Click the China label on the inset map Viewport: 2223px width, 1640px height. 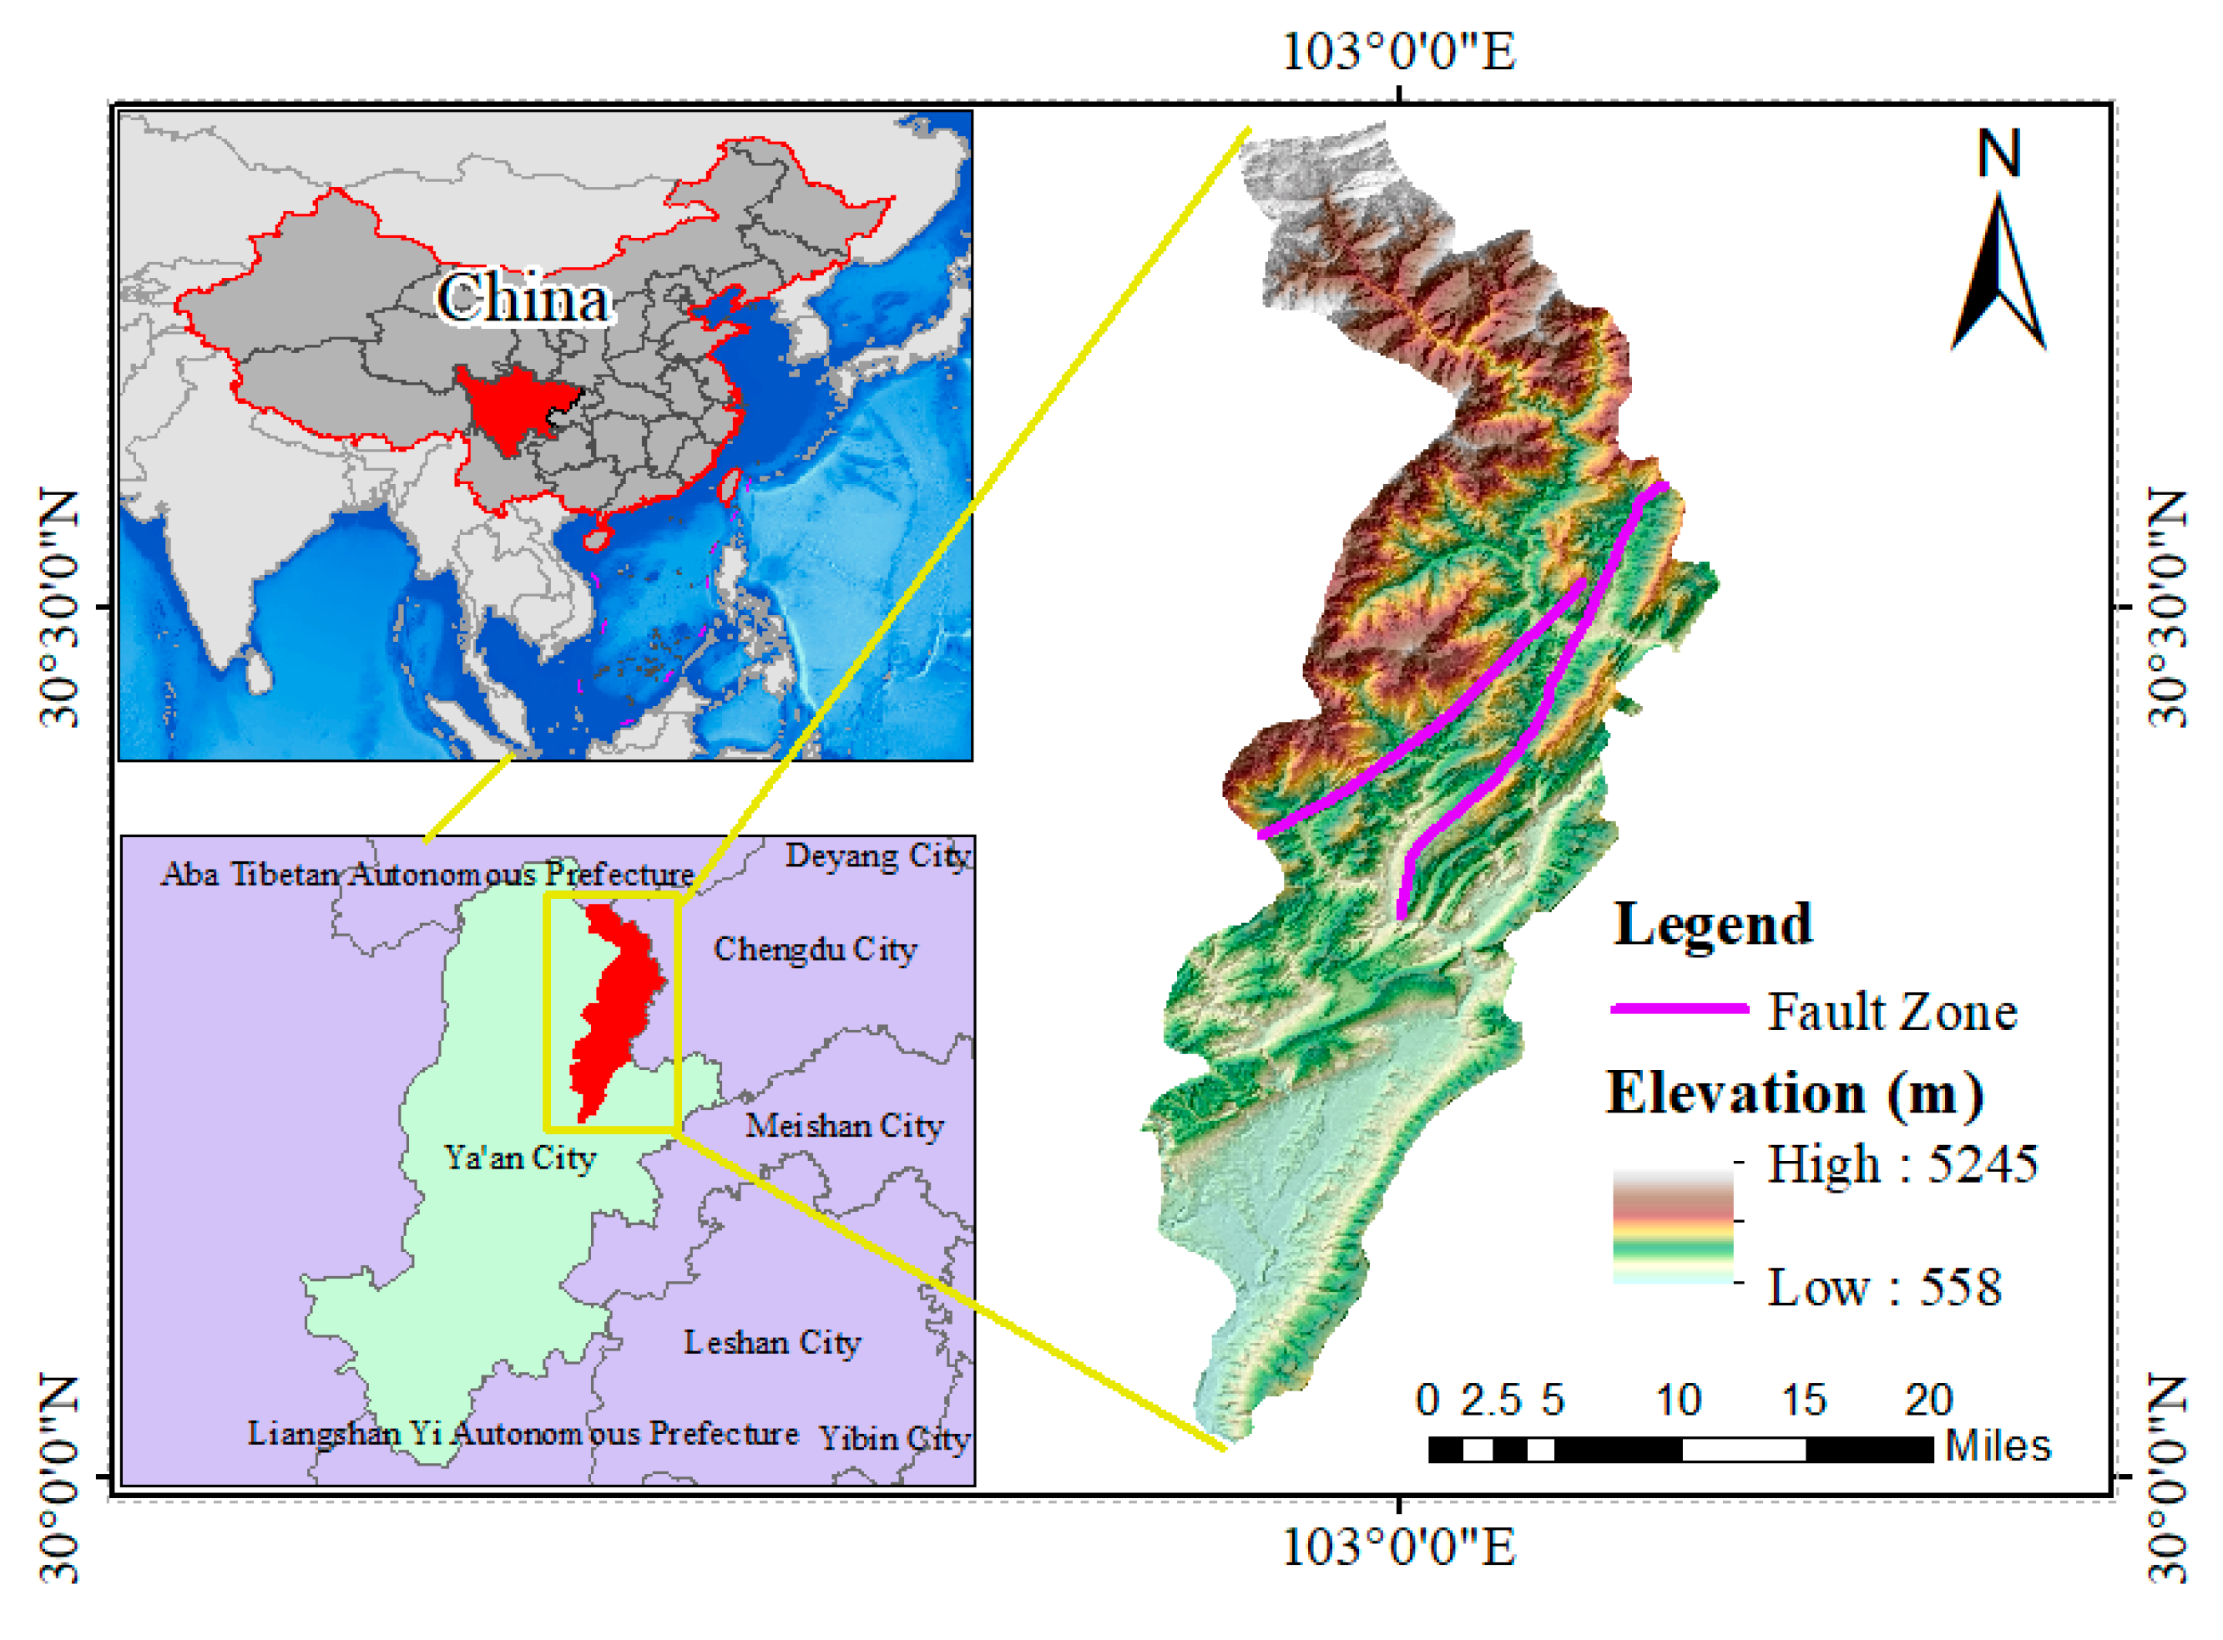pos(523,299)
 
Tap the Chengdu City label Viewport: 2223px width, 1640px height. pos(815,950)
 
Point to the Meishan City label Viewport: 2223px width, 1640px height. pos(844,1127)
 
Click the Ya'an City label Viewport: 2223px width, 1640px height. pos(519,1158)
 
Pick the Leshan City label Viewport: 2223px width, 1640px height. pos(772,1343)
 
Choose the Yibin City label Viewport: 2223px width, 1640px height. pos(893,1440)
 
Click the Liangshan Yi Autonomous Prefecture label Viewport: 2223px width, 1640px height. pos(523,1435)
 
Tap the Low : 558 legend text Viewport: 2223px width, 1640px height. pos(1884,1289)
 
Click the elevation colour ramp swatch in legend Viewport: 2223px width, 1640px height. pos(1673,1227)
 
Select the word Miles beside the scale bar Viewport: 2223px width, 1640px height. pos(1998,1446)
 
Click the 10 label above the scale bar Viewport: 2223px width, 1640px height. pos(1679,1400)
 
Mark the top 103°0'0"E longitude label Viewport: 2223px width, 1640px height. pos(1400,52)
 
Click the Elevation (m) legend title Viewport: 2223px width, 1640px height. pos(1794,1093)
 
